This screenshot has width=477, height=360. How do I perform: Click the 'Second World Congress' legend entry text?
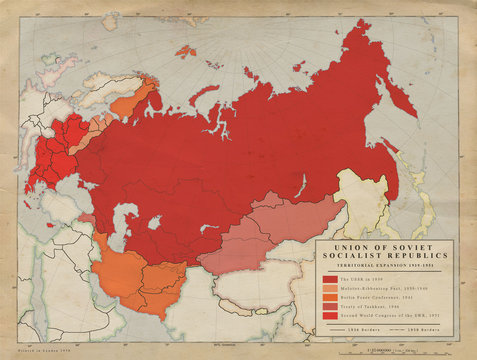click(x=382, y=315)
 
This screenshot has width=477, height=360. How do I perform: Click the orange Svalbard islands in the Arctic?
click(x=185, y=49)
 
